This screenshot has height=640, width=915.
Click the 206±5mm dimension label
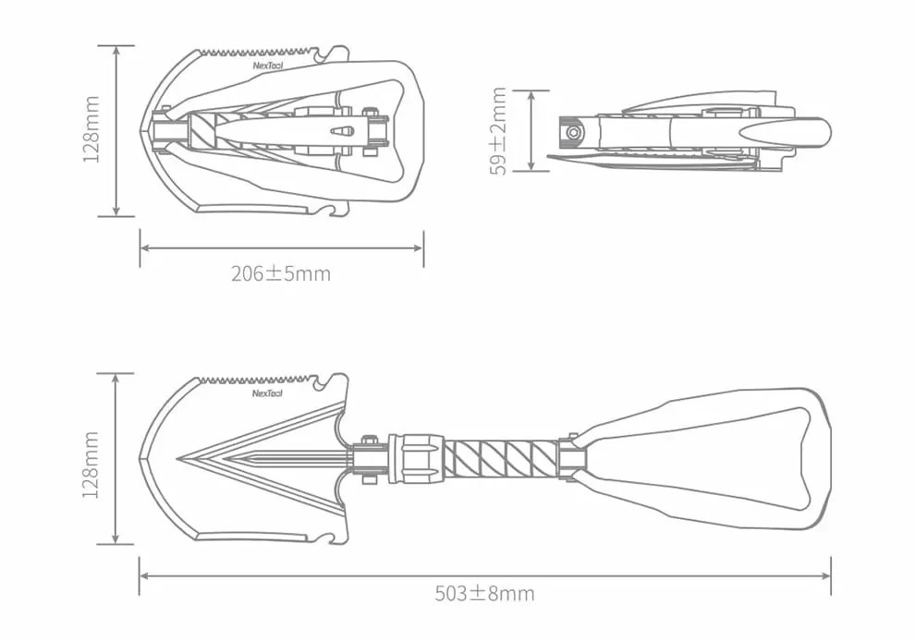[280, 273]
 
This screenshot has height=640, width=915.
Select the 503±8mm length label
[484, 593]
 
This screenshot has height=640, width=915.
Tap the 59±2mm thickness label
[499, 130]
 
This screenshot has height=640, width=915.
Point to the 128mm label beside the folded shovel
[91, 130]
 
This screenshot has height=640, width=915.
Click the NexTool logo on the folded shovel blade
[268, 66]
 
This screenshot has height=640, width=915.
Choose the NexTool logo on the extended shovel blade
[268, 393]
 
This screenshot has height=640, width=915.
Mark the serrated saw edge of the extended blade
[250, 380]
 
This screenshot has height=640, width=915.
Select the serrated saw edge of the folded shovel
[250, 52]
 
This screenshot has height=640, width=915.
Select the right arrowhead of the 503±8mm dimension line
[828, 574]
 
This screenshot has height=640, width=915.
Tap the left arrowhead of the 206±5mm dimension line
[143, 248]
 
